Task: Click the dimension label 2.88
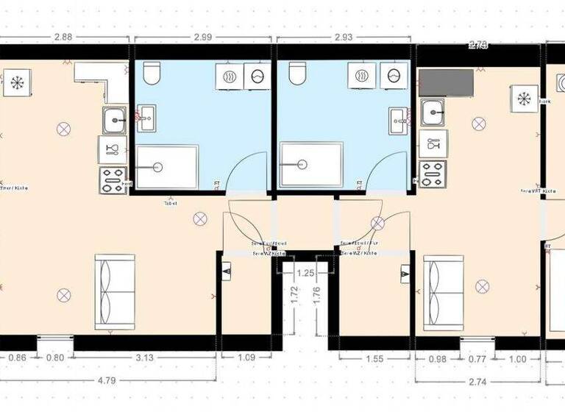[65, 38]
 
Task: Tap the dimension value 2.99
[202, 38]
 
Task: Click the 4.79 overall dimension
[109, 380]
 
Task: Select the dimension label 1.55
[374, 358]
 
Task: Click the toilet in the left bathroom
[152, 72]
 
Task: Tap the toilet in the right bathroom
[296, 72]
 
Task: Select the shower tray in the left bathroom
[168, 168]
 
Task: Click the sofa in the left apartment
[114, 291]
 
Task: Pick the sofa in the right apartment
[443, 291]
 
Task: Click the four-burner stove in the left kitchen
[113, 179]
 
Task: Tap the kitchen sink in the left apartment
[114, 119]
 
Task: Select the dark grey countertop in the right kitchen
[447, 84]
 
